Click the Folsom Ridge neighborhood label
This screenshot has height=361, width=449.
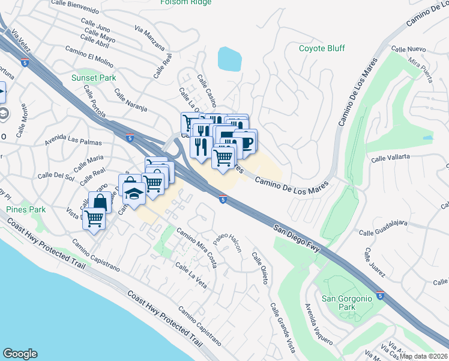click(185, 2)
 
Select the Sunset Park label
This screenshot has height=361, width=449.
click(93, 78)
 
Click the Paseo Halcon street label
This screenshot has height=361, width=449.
click(227, 242)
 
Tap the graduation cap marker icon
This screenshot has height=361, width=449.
click(134, 193)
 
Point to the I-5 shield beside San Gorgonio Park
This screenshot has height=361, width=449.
click(381, 295)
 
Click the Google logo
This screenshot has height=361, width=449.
click(20, 354)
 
